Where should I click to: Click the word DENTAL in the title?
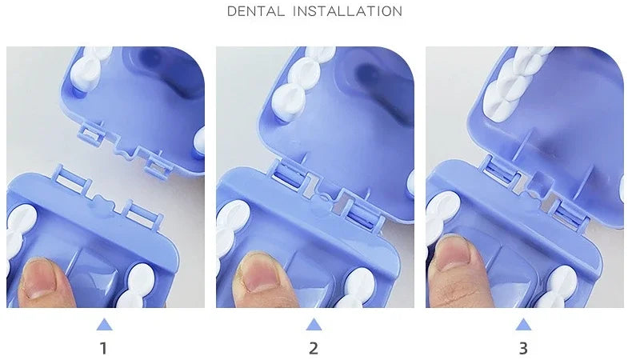point(255,11)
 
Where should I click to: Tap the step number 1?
point(103,348)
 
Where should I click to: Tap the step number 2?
point(314,348)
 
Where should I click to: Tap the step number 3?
point(523,348)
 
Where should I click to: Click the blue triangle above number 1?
point(104,324)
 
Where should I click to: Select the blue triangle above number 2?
point(314,324)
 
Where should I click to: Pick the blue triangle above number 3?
point(523,324)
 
